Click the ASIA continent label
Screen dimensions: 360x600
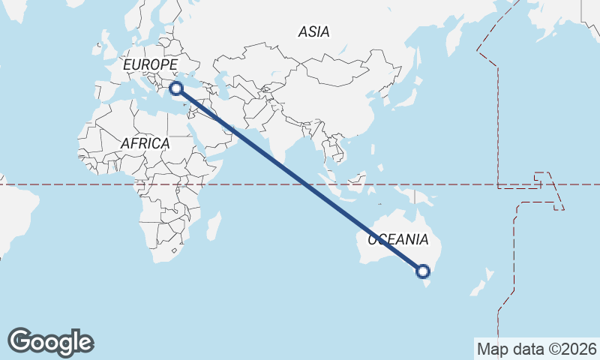point(313,31)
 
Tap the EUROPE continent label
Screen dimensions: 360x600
point(150,66)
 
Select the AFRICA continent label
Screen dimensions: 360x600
point(145,142)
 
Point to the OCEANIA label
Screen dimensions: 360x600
point(397,241)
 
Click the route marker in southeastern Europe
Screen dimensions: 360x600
point(176,88)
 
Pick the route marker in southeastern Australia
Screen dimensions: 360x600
point(422,271)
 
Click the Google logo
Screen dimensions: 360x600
point(50,342)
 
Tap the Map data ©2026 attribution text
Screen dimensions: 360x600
point(536,349)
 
